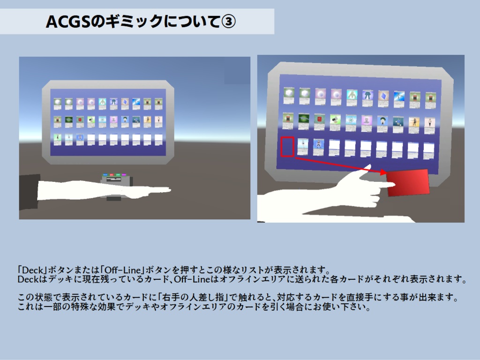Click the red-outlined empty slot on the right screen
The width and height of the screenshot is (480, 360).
pyautogui.click(x=287, y=147)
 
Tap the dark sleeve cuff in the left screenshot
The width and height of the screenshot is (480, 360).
pyautogui.click(x=29, y=192)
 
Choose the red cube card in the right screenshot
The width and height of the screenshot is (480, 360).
pyautogui.click(x=319, y=120)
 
